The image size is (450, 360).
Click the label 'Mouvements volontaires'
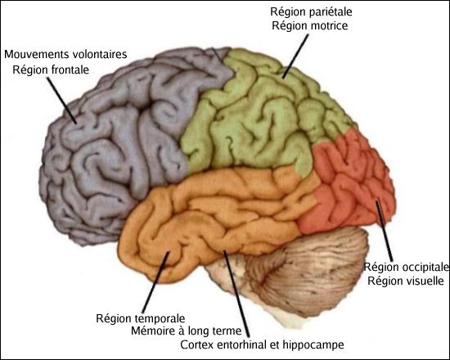coord(65,54)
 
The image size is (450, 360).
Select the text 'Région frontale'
coord(51,70)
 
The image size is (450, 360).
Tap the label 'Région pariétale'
coord(311,12)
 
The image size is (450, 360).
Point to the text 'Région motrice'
coord(310,26)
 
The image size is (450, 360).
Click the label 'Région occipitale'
coord(407,267)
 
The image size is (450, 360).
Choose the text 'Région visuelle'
coord(406,281)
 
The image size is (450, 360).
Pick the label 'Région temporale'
coord(141,318)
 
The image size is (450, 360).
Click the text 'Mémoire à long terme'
coord(187,331)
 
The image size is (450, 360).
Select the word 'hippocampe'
coord(313,344)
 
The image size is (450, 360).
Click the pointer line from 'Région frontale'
coord(61,101)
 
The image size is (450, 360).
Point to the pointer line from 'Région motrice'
coord(295,56)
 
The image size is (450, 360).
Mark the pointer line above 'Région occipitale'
coord(384,231)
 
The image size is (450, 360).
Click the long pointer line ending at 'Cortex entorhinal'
coord(236,294)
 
